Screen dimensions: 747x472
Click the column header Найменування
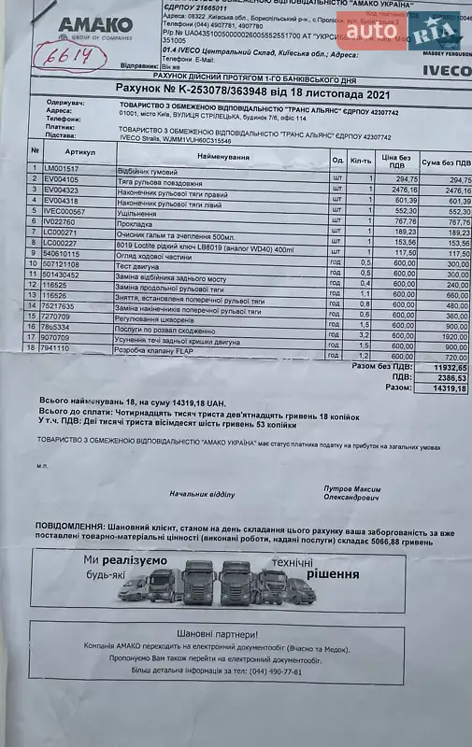222,159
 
